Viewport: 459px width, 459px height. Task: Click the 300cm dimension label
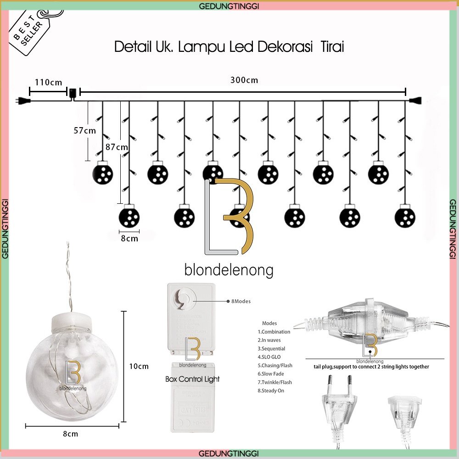pyautogui.click(x=244, y=80)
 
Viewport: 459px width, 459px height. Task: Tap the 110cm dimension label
pyautogui.click(x=48, y=83)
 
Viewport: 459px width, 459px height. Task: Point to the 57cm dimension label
pyautogui.click(x=84, y=130)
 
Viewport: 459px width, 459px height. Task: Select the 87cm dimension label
pyautogui.click(x=117, y=147)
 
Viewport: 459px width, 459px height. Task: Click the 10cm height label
pyautogui.click(x=139, y=366)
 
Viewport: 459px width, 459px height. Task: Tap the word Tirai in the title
pyautogui.click(x=331, y=47)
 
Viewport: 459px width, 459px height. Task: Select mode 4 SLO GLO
pyautogui.click(x=269, y=357)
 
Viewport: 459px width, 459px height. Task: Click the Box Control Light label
pyautogui.click(x=192, y=379)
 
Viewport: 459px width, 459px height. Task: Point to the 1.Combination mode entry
pyautogui.click(x=274, y=331)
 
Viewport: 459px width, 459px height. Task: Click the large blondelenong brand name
pyautogui.click(x=229, y=270)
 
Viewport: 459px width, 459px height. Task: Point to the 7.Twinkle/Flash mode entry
pyautogui.click(x=274, y=382)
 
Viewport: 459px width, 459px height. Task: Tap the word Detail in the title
pyautogui.click(x=131, y=47)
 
